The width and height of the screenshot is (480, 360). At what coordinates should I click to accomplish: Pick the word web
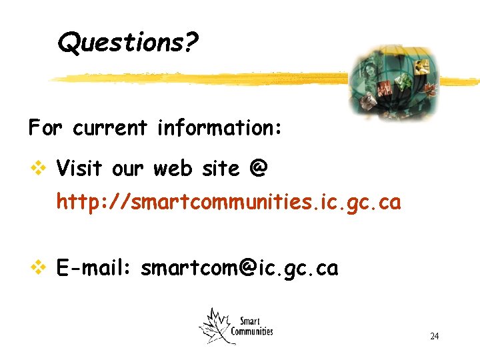[x=169, y=169]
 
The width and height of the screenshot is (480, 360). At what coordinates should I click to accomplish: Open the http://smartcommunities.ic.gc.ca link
[x=229, y=202]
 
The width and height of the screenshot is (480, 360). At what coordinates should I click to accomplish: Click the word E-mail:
[x=94, y=268]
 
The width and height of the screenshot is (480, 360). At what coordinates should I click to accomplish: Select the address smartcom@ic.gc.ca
[x=239, y=268]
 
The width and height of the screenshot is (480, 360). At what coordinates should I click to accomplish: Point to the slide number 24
[x=434, y=336]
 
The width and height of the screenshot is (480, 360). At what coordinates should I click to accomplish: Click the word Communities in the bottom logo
[x=252, y=331]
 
